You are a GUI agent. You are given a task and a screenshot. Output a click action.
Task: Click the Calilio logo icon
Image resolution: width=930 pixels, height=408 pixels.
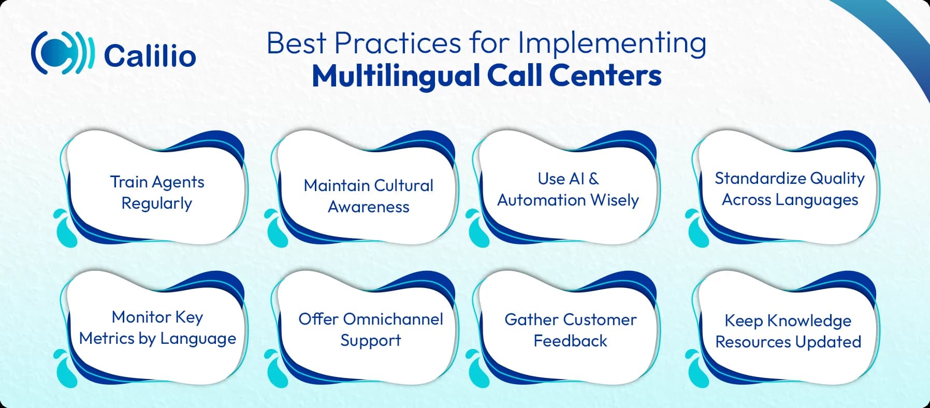tap(63, 53)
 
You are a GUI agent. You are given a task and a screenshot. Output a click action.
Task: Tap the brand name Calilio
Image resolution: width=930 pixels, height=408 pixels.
tap(150, 56)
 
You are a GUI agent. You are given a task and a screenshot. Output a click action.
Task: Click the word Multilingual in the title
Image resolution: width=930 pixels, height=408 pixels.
tap(395, 76)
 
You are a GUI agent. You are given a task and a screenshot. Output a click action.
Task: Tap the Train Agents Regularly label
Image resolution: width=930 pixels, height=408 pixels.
tap(157, 192)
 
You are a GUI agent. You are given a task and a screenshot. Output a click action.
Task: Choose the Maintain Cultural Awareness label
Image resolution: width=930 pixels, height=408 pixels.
tap(368, 196)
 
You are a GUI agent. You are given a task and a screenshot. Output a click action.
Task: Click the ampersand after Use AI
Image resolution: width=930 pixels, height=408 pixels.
tap(593, 179)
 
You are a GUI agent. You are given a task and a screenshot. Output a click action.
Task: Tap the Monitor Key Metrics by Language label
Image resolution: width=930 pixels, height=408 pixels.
tap(157, 327)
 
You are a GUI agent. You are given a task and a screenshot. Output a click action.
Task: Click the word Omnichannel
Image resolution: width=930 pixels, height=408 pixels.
tap(393, 319)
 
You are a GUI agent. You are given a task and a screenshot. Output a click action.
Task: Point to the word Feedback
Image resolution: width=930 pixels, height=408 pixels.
tap(570, 341)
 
